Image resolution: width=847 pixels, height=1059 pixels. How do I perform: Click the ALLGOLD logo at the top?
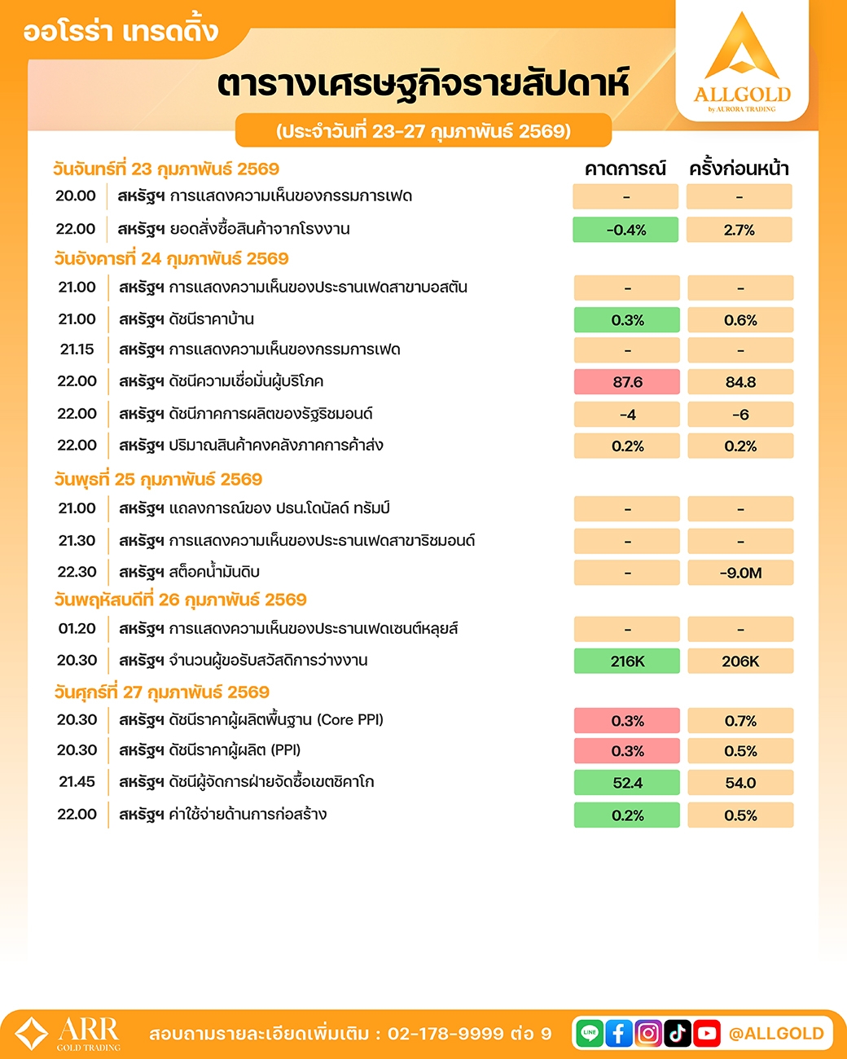tap(742, 62)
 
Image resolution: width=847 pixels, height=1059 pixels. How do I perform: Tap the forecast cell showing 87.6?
tap(627, 382)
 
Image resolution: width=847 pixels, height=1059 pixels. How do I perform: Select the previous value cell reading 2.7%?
tap(739, 231)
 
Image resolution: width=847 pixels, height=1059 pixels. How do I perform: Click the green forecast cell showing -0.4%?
tap(625, 231)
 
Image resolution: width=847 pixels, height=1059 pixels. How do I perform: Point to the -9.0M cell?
tap(740, 573)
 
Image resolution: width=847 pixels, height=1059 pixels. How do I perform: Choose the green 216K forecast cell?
tap(627, 661)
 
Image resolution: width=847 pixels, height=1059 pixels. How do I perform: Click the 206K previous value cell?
tap(740, 661)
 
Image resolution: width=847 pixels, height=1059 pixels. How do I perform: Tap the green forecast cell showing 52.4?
tap(627, 783)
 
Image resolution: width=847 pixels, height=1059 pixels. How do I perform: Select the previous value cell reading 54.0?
tap(740, 783)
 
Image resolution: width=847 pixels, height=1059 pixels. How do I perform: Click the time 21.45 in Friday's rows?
tap(77, 782)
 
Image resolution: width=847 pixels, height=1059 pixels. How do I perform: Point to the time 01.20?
tap(77, 629)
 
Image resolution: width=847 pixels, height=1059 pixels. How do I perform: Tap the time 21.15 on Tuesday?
tap(77, 349)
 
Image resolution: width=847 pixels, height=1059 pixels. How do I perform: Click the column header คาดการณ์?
tap(625, 169)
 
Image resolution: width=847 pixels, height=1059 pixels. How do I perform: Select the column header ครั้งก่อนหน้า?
tap(739, 169)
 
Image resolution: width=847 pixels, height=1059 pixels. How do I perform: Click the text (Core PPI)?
tap(350, 720)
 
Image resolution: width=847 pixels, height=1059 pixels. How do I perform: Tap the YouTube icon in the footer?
tap(707, 1034)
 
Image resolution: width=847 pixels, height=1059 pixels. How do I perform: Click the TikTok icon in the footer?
tap(678, 1034)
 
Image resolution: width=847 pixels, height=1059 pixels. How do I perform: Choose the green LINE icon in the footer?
tap(590, 1034)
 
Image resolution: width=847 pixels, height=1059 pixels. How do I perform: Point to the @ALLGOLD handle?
tap(776, 1034)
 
